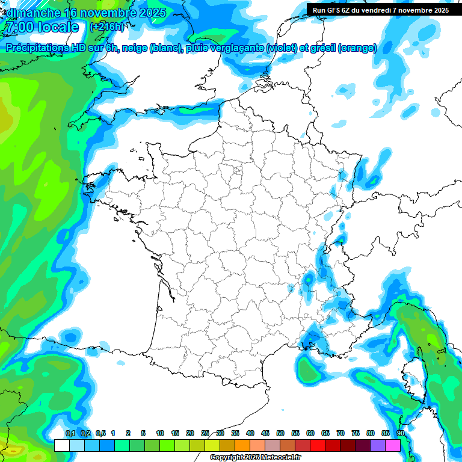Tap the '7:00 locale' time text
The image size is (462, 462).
pos(41,27)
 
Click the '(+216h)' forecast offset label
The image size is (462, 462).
pos(106,27)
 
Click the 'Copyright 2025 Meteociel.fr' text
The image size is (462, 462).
pos(255,458)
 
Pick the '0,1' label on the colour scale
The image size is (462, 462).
pos(70,434)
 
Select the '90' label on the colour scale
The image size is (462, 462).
pos(400,434)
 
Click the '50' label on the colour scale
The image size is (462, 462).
pos(280,434)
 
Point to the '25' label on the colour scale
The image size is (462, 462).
pos(205,434)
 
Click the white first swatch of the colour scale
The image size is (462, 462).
pos(61,445)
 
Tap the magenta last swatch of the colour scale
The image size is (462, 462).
pos(393,445)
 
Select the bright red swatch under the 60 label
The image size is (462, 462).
pos(318,445)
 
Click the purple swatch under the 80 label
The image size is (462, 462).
pos(378,445)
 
